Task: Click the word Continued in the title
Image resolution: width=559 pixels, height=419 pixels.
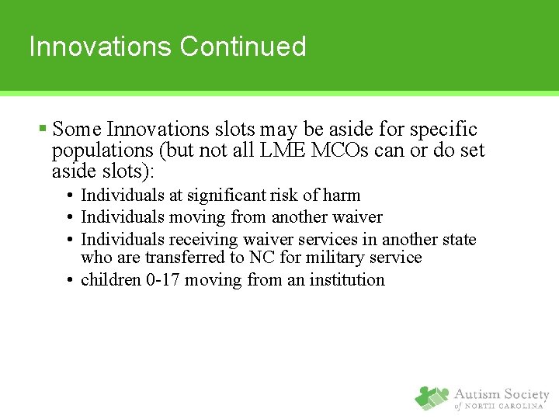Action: click(x=243, y=47)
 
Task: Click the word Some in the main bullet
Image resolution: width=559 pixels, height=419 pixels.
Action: click(x=78, y=130)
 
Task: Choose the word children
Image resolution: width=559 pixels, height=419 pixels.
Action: click(x=111, y=279)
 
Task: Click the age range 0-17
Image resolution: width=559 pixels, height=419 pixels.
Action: click(x=162, y=279)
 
